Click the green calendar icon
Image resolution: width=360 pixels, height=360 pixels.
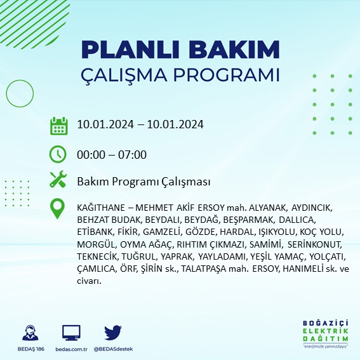pos(58,125)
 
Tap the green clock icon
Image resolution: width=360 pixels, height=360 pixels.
pos(58,154)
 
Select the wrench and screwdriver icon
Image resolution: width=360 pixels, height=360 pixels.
pos(58,180)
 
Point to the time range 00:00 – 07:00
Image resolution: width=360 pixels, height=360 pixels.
pos(112,154)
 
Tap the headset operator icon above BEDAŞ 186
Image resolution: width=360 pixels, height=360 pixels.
pos(30,333)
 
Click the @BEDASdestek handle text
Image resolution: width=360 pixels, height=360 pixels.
pos(113,349)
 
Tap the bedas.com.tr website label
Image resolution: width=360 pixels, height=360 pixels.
pos(70,349)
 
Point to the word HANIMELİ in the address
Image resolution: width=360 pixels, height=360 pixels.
pos(302,269)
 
